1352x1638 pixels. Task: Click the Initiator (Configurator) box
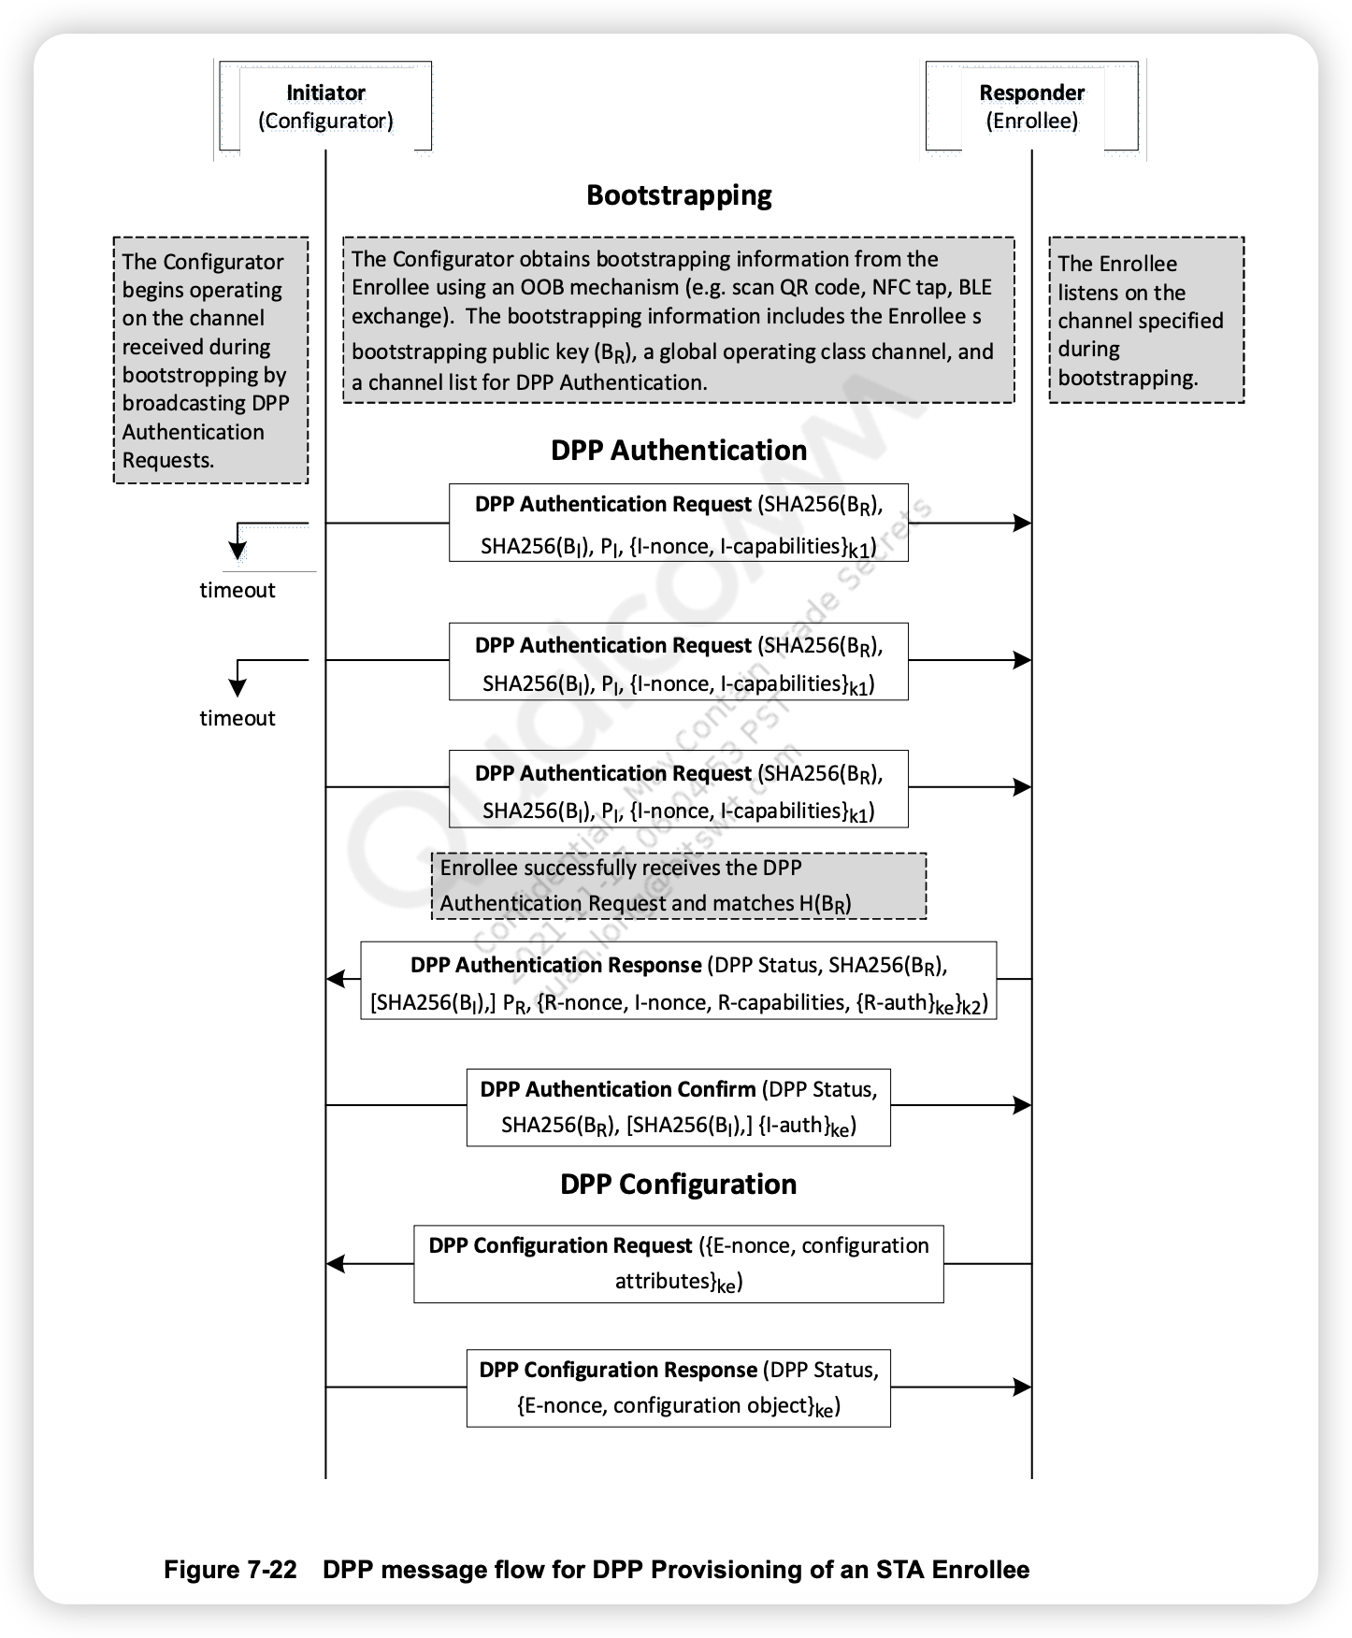[325, 107]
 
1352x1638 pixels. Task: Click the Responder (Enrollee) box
[1031, 107]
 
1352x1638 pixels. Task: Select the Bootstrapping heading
[679, 195]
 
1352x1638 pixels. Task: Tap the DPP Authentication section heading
[679, 451]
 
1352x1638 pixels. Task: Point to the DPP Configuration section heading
[679, 1185]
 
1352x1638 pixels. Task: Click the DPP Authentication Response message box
[679, 980]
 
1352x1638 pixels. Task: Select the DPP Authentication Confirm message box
[679, 1107]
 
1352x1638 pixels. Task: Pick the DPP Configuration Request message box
[679, 1263]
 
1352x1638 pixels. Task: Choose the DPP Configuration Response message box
[679, 1387]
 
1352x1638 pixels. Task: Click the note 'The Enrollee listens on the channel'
[1146, 320]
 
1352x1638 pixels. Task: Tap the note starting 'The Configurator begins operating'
[210, 360]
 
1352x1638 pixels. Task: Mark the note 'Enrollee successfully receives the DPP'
[679, 885]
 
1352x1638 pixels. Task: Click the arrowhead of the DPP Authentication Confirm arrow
[1023, 1105]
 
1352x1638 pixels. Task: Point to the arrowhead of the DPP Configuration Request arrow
[336, 1264]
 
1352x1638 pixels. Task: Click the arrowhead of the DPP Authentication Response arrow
[336, 979]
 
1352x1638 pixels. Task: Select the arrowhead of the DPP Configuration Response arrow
[1023, 1387]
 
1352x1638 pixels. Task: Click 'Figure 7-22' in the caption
[230, 1570]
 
